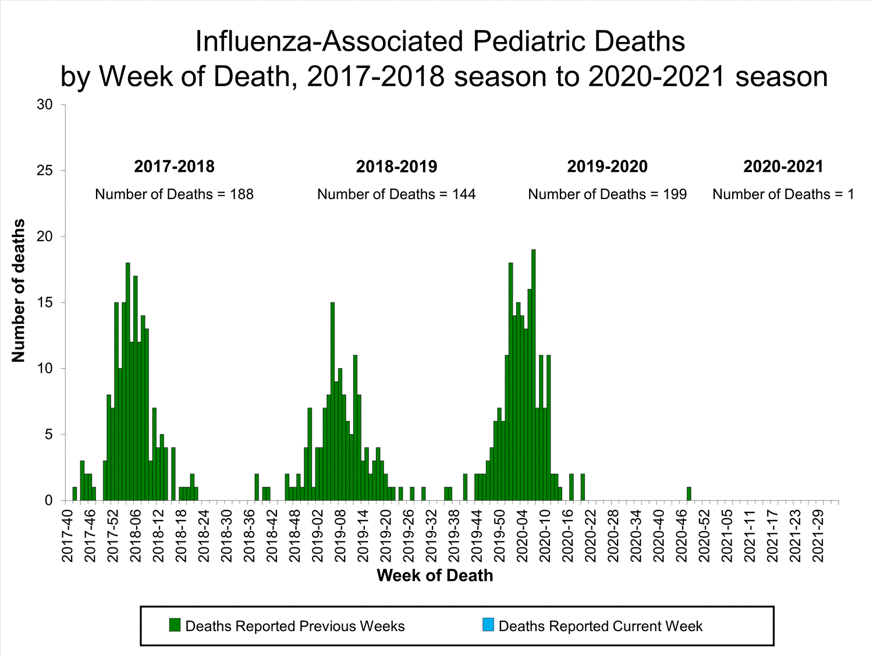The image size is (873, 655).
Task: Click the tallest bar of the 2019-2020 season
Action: pos(533,376)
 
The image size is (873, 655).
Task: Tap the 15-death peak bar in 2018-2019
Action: pos(332,402)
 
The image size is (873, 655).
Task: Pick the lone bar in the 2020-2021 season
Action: pos(689,494)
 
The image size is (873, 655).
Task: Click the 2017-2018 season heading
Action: pos(174,167)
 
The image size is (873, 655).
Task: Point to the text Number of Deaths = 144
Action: pos(396,194)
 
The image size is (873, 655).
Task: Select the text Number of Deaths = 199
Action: pos(607,194)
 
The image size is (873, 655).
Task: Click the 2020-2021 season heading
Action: pos(783,167)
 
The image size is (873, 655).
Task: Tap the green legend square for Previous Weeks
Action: pos(175,625)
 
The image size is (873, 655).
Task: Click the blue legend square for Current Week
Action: pos(488,625)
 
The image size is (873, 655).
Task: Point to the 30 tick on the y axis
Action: pos(45,105)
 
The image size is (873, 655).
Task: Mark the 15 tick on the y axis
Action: pos(45,303)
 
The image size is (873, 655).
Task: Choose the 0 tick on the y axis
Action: pos(49,501)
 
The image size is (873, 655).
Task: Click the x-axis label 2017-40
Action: pos(68,536)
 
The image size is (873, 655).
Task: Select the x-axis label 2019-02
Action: pos(318,536)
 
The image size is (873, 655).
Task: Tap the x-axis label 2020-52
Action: pos(704,536)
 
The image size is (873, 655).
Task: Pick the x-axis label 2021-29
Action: pos(818,536)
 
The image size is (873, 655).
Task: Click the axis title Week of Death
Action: pos(435,576)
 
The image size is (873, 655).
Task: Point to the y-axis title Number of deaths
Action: pos(19,291)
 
